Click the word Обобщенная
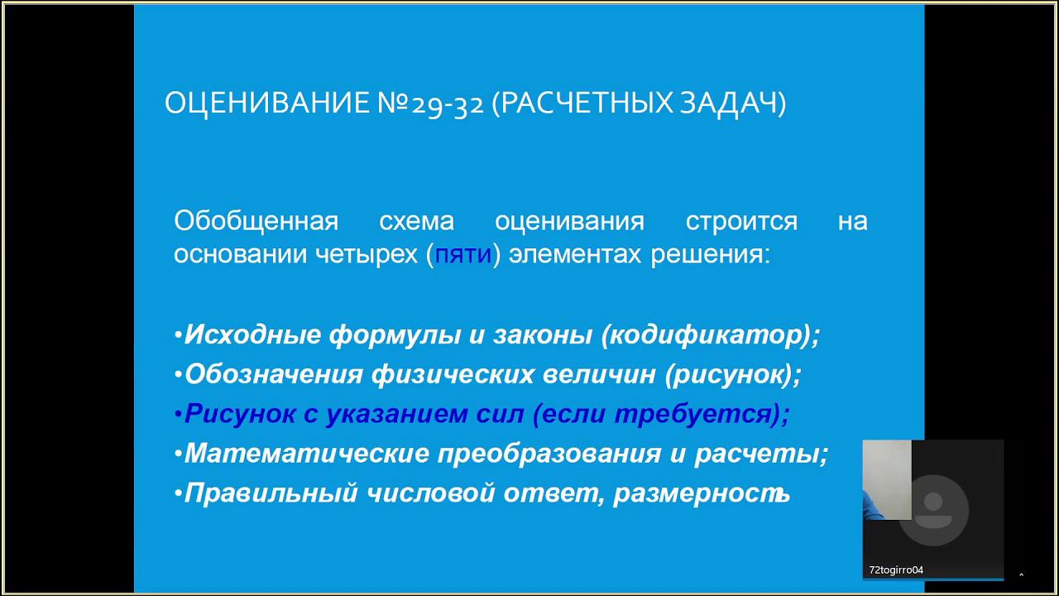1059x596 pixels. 256,221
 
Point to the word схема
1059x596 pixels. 416,221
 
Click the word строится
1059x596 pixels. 741,221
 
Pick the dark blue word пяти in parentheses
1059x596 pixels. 463,254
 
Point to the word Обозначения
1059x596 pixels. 273,374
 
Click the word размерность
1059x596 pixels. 702,493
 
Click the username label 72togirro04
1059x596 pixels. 896,570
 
